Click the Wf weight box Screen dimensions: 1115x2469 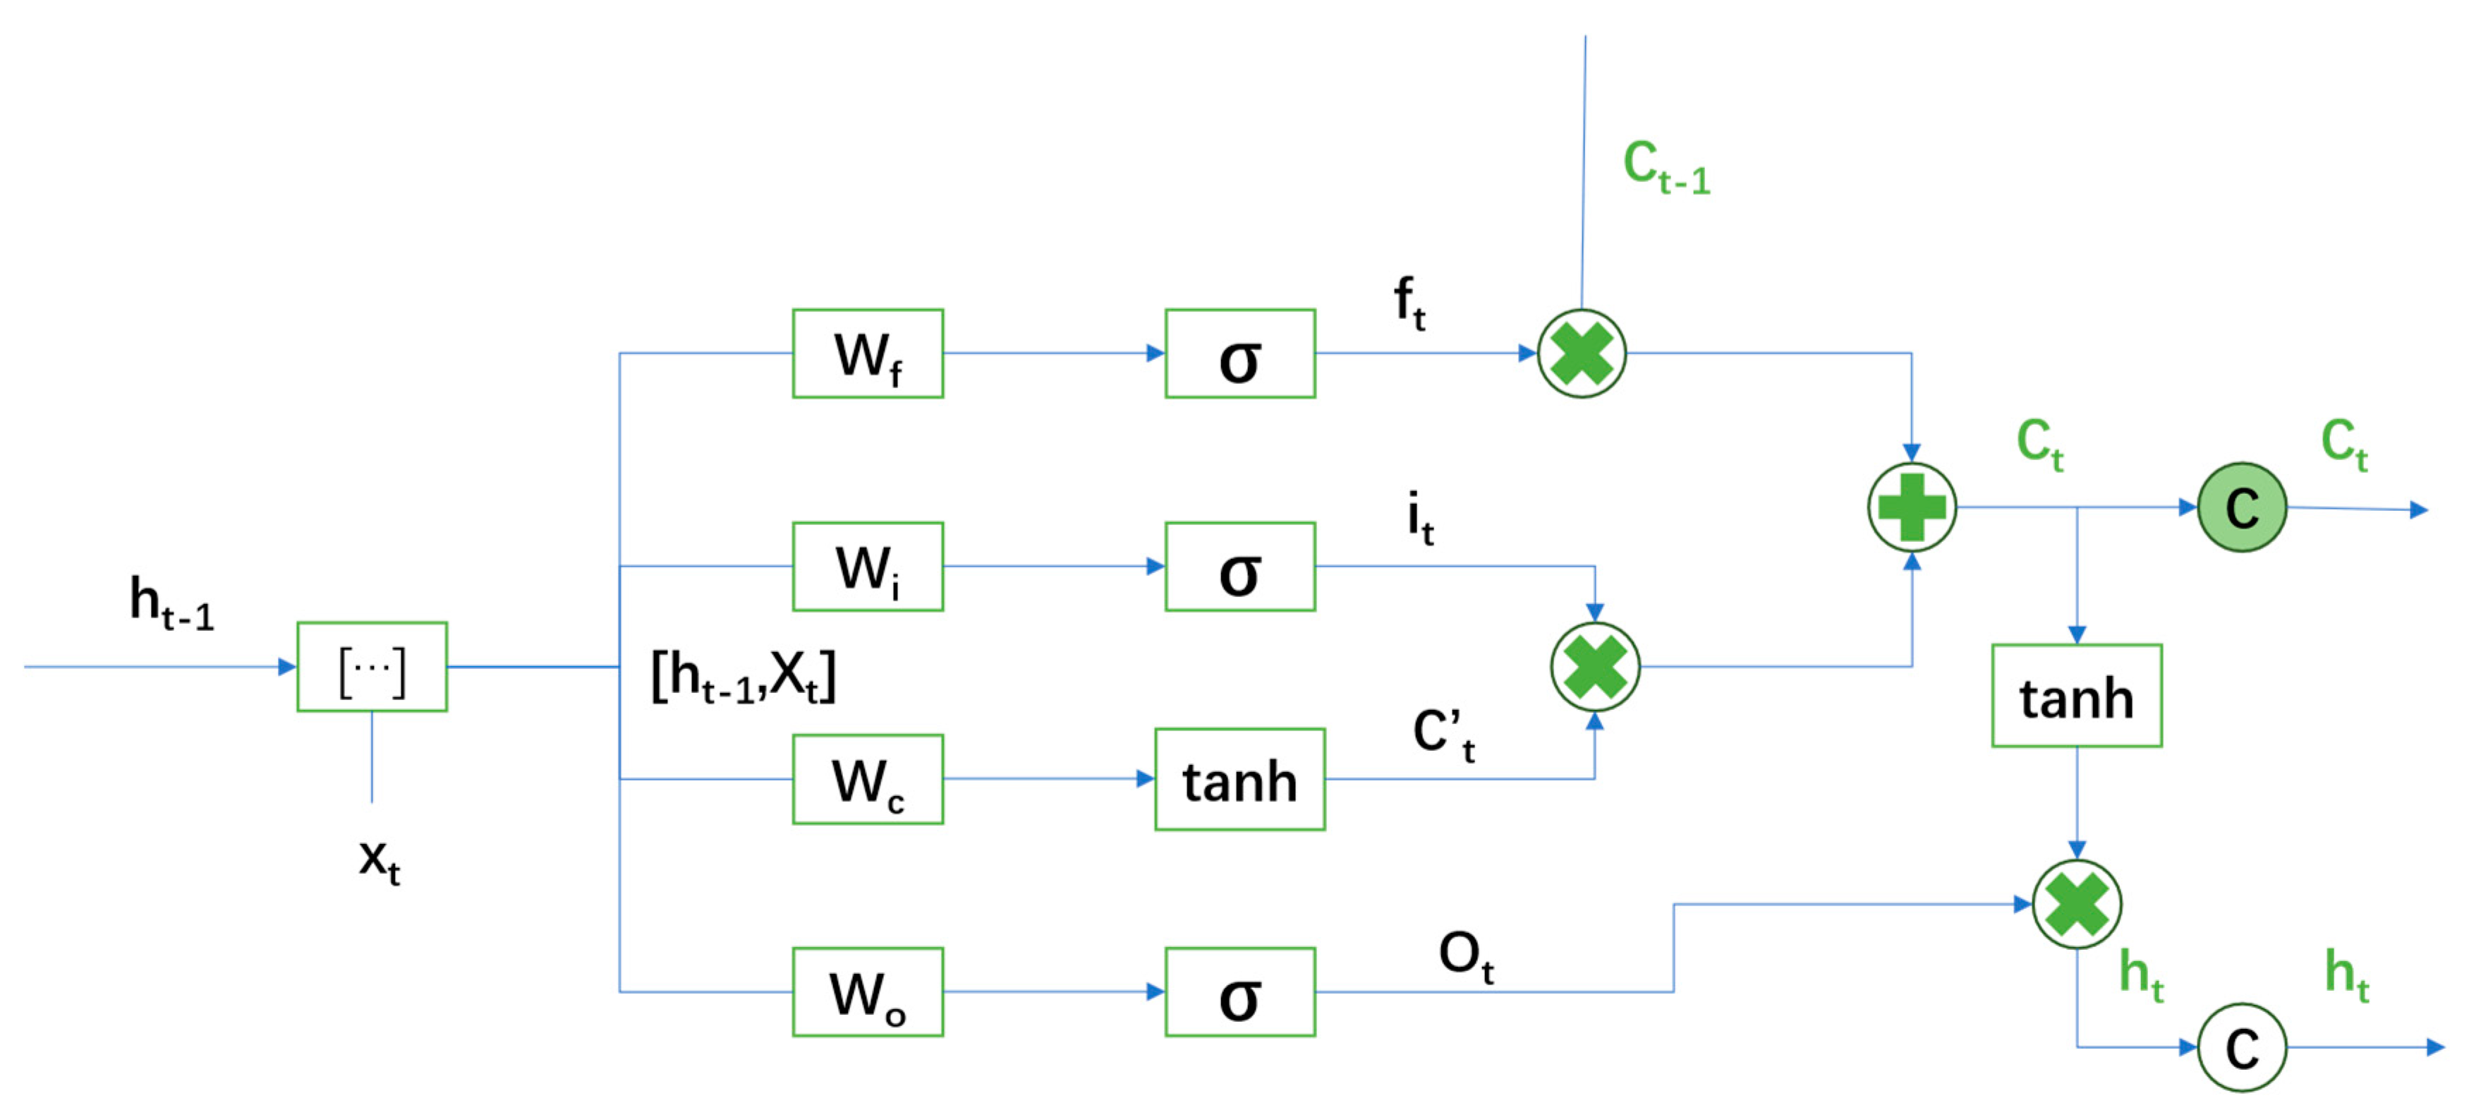868,354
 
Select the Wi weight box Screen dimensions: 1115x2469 868,567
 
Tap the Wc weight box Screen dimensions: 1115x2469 868,780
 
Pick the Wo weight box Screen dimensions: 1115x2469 868,992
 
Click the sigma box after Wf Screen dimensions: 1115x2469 1239,354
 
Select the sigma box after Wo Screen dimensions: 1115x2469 1239,992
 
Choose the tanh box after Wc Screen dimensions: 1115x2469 1239,780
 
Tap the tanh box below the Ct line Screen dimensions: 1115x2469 2076,696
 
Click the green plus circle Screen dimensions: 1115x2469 1911,507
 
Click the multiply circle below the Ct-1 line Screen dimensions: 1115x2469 1582,354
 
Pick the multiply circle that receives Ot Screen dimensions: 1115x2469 2076,904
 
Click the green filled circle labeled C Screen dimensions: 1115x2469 2241,507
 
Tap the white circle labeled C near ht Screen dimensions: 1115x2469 2241,1047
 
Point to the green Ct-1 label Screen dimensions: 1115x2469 1666,168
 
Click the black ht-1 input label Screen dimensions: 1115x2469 171,604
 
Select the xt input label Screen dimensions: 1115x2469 380,860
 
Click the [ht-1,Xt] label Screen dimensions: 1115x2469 744,677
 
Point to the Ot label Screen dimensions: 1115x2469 1465,956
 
